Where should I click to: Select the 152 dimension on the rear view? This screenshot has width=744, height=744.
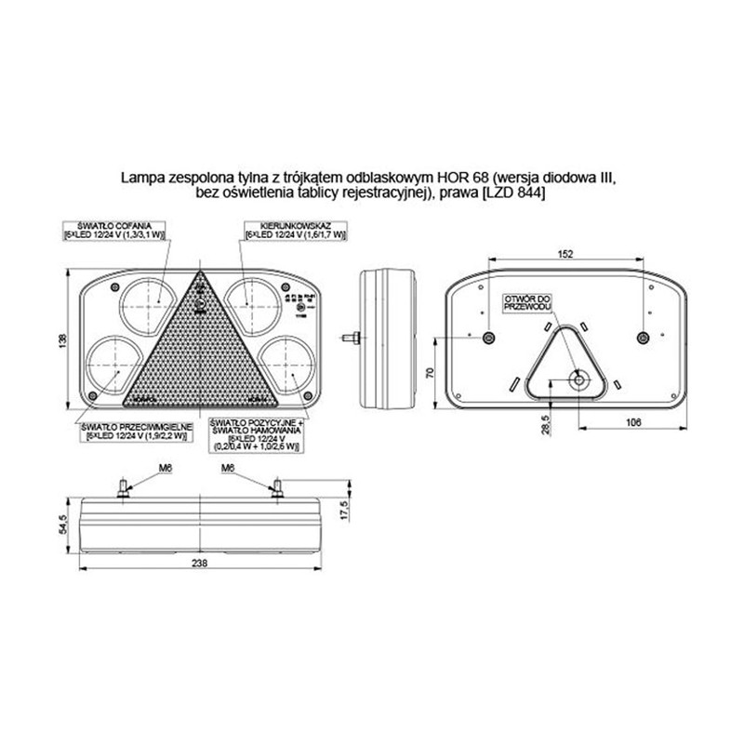point(565,253)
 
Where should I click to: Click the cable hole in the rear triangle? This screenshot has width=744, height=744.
point(578,379)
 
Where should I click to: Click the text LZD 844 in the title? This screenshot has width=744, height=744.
point(514,193)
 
